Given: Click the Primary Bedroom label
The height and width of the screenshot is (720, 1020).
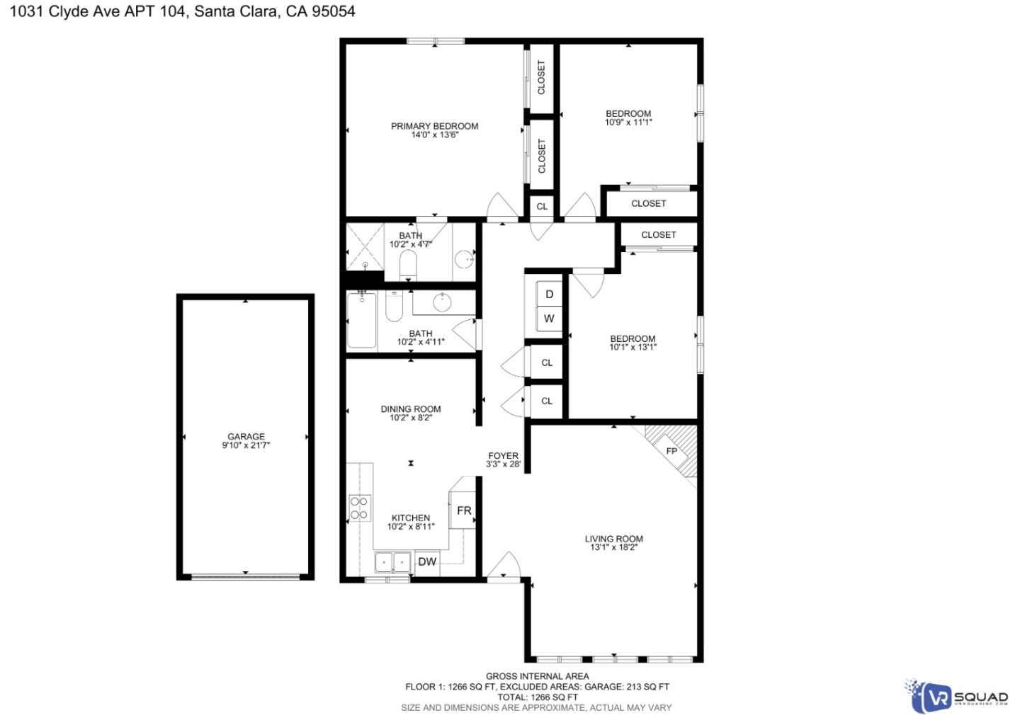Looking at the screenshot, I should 434,126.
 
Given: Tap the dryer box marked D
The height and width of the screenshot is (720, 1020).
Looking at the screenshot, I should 549,295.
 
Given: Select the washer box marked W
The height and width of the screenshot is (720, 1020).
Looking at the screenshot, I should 549,319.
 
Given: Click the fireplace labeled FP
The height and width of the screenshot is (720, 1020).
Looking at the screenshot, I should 671,451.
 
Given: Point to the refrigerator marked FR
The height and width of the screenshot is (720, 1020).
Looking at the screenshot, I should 463,510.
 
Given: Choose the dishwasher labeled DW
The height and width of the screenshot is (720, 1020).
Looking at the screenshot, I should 427,562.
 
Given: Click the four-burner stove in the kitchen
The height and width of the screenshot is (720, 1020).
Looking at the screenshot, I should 359,508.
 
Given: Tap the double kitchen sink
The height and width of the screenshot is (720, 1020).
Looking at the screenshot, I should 392,562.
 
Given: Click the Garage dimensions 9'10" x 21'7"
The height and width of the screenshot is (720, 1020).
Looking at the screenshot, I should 246,445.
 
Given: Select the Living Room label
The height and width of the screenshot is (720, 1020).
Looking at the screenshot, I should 613,539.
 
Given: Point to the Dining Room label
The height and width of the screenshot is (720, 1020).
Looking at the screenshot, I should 411,408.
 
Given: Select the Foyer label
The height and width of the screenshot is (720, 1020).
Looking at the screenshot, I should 503,456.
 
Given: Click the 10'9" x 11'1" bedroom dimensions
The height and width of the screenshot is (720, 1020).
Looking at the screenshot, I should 628,122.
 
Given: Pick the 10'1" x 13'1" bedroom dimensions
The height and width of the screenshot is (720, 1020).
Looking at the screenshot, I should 633,348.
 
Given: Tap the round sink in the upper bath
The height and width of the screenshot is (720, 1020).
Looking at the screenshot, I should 464,258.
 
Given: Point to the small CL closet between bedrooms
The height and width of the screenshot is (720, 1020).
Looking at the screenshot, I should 542,207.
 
